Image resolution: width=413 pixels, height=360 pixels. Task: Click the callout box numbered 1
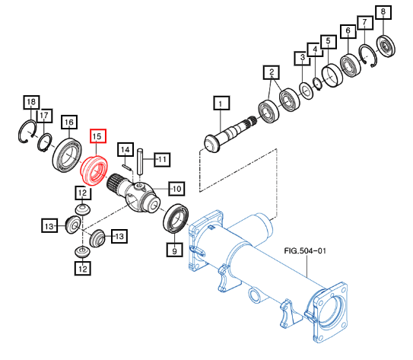221,103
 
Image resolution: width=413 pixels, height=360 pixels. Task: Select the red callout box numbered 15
98,136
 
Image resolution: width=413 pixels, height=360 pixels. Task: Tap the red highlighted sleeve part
94,170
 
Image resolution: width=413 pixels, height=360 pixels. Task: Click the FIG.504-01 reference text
305,250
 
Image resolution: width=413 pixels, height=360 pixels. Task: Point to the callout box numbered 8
383,11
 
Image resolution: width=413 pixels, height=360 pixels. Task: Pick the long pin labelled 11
140,161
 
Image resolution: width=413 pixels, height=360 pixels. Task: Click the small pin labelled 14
126,167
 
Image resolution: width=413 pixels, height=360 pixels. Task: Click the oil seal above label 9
176,218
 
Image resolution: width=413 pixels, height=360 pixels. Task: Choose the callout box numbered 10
176,189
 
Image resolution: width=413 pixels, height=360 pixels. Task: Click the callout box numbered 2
272,72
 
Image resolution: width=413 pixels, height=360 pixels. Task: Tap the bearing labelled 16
67,155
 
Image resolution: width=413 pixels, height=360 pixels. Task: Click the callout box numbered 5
329,42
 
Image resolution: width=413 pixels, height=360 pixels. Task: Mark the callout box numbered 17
44,116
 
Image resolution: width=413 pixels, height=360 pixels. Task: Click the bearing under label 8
386,46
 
